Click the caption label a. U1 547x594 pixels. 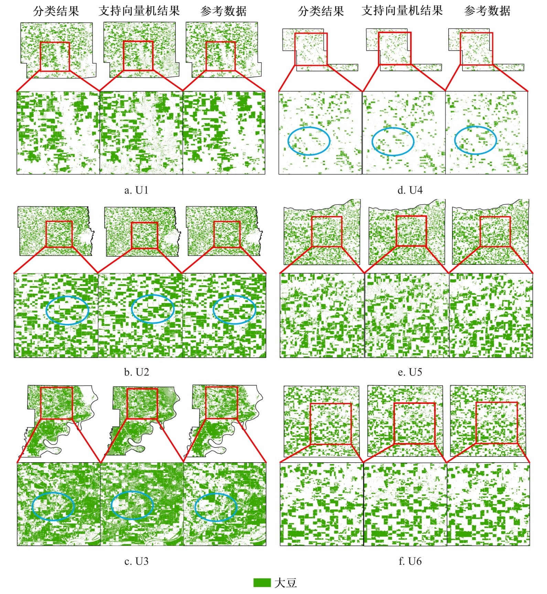[x=136, y=190]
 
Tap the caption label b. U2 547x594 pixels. [x=136, y=372]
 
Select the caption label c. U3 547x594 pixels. [x=136, y=561]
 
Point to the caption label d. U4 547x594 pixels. [x=410, y=190]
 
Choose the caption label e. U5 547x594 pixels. [x=410, y=372]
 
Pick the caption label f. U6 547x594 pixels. [x=410, y=561]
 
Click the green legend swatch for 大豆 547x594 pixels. [x=262, y=583]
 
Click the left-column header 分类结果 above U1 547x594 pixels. [x=56, y=11]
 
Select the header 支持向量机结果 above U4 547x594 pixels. [x=402, y=11]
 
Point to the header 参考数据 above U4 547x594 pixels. [x=487, y=11]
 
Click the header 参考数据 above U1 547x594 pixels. [x=224, y=11]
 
